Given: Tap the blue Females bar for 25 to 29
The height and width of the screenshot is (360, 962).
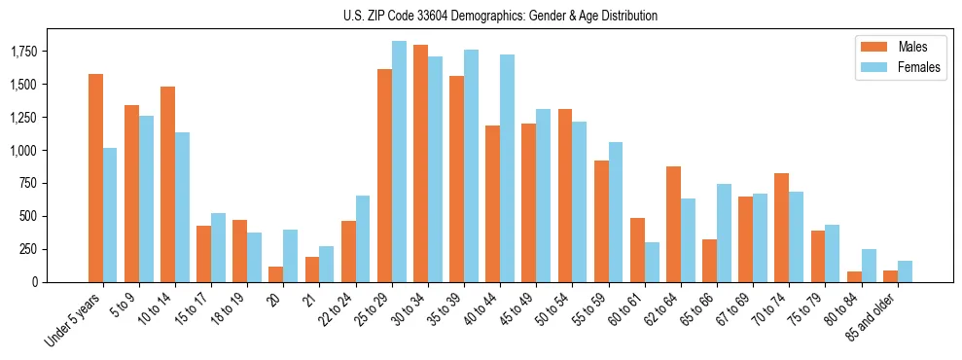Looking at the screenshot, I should (x=399, y=162).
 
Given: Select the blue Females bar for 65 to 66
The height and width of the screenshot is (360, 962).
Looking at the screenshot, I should (x=724, y=233).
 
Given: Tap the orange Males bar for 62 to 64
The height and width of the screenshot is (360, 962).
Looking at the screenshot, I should (x=673, y=224).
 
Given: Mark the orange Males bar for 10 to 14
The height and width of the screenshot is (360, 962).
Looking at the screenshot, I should (x=167, y=184).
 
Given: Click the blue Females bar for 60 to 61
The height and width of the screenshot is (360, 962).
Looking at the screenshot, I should (x=652, y=262).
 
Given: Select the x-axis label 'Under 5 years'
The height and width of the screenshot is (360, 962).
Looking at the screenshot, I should (x=74, y=321).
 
